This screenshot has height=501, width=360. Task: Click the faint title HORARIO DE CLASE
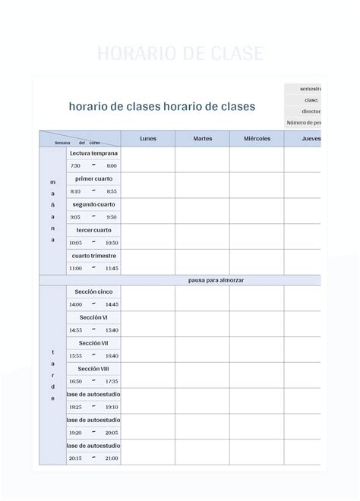180,54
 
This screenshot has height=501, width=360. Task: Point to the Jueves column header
311,139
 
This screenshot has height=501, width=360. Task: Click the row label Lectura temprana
93,153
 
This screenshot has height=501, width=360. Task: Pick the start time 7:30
75,165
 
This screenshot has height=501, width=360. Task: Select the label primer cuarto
93,178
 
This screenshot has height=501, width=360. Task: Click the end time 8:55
112,191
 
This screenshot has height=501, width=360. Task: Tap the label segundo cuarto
93,204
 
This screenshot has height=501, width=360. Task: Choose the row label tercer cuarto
93,230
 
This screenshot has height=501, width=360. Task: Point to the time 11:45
112,268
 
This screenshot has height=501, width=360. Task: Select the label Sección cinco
93,291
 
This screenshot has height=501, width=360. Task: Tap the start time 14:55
75,330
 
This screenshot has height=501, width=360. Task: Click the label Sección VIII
93,369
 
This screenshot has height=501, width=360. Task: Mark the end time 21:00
112,458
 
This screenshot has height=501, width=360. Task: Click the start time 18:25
75,407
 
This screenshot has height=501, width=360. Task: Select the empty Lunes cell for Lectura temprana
148,159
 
